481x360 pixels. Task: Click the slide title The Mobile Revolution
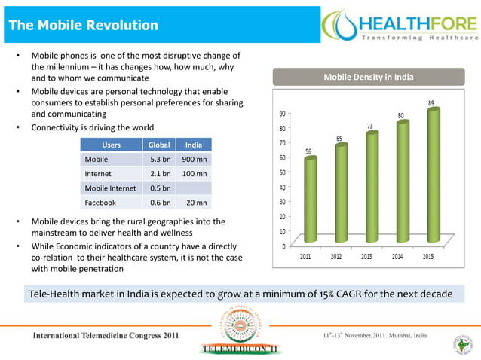coord(83,26)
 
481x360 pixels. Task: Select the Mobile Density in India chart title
coord(368,78)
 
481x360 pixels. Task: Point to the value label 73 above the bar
coord(370,125)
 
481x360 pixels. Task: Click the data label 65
coord(339,138)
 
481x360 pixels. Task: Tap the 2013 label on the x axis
coord(366,256)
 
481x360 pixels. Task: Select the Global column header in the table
coord(159,145)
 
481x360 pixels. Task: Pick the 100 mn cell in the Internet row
coord(195,173)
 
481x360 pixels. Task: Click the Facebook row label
coord(100,202)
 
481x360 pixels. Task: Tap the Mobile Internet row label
coord(111,188)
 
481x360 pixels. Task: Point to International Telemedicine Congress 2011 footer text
coord(105,334)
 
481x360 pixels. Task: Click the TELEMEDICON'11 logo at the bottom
coord(240,348)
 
